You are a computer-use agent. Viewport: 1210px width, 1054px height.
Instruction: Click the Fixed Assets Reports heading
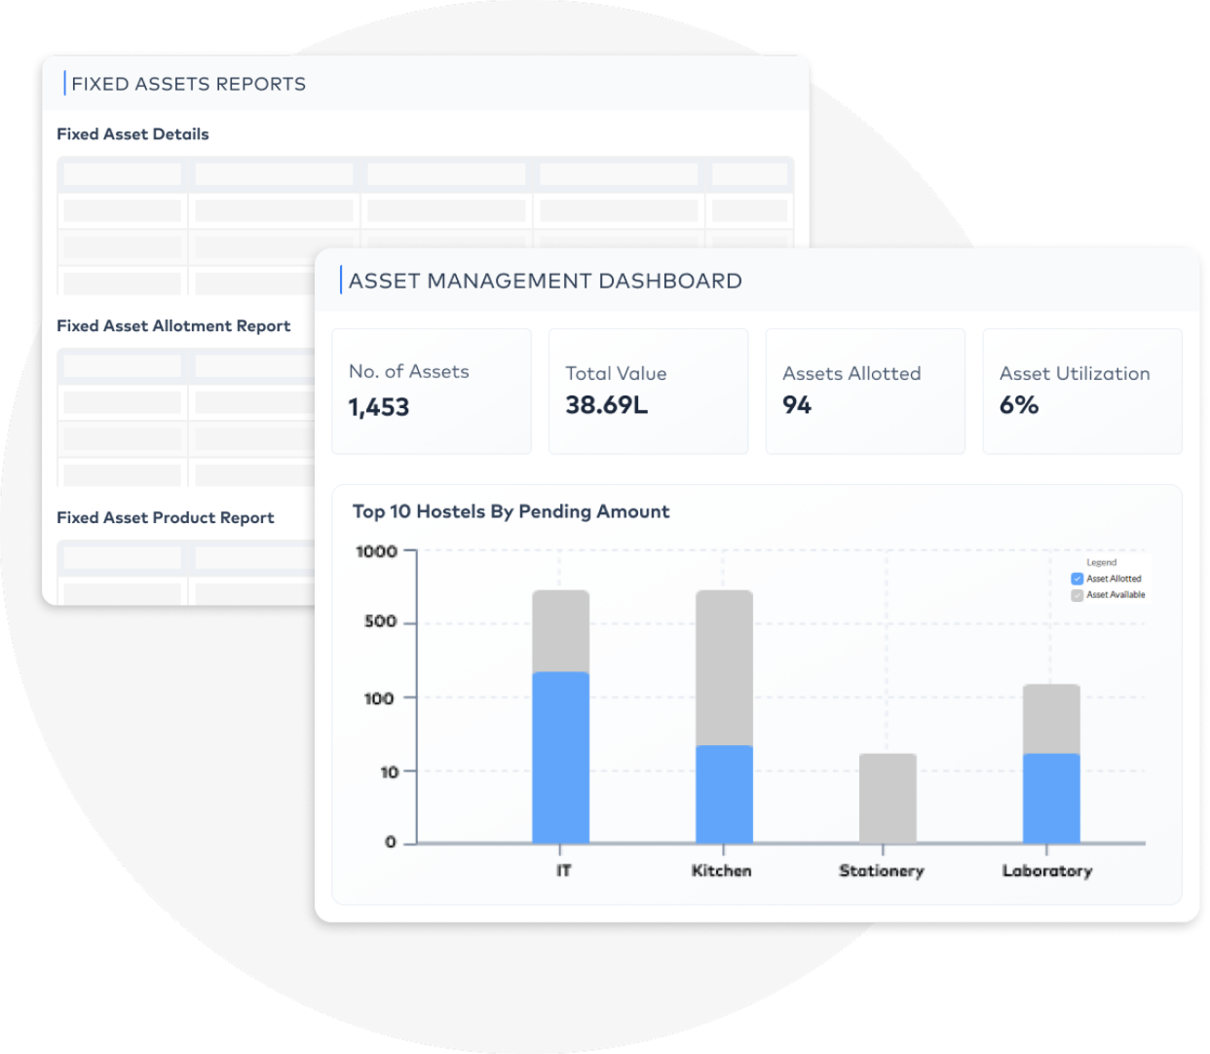tap(189, 84)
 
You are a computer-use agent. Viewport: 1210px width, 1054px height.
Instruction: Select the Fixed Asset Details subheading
tap(132, 134)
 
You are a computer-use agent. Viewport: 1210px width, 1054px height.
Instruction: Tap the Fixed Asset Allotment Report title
tap(173, 325)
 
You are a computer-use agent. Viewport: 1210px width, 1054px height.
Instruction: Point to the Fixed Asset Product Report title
tap(165, 517)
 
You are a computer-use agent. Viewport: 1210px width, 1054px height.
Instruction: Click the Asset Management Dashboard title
tap(546, 281)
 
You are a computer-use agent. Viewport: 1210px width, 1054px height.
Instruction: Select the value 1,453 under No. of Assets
tap(379, 407)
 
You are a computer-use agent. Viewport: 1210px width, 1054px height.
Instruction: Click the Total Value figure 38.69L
tap(607, 405)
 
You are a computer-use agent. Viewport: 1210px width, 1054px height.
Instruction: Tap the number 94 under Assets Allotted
tap(797, 405)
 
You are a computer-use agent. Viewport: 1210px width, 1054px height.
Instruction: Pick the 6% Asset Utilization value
tap(1019, 405)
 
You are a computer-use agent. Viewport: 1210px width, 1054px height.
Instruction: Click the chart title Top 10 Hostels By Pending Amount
tap(510, 511)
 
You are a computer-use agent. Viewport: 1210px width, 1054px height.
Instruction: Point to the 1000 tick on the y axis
tap(377, 551)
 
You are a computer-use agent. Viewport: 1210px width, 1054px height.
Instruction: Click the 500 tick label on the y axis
tap(381, 621)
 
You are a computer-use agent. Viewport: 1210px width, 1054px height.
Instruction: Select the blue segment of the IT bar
tap(560, 757)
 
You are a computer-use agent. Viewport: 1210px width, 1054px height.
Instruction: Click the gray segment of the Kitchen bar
tap(725, 668)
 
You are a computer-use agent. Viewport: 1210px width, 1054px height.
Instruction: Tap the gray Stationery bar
tap(888, 798)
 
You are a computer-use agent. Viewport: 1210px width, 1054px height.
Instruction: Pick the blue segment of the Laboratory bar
tap(1051, 798)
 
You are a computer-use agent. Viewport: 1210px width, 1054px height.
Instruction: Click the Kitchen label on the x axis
tap(722, 871)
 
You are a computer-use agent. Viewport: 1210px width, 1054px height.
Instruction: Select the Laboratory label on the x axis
tap(1047, 871)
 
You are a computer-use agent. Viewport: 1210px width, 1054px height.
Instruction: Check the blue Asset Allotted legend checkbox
tap(1077, 579)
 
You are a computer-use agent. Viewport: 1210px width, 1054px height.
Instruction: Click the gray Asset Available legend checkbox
tap(1077, 595)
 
